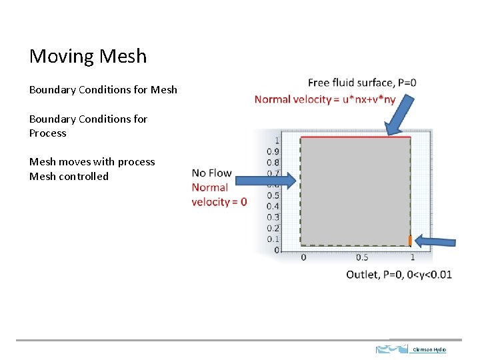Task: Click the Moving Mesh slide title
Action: point(88,56)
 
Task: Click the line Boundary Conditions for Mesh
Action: point(103,89)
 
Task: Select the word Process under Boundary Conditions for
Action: point(48,133)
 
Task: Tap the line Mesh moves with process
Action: point(92,162)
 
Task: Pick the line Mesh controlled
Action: point(69,177)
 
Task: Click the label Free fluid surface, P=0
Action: point(362,83)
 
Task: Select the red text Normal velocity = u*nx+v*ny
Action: point(325,99)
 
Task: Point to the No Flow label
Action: point(211,173)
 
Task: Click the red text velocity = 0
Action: point(219,202)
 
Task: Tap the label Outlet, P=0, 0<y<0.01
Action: point(399,275)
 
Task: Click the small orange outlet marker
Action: point(410,240)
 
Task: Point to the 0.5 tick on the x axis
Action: point(362,257)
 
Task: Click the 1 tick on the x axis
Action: point(412,257)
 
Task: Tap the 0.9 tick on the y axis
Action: point(273,151)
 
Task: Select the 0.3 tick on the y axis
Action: point(273,217)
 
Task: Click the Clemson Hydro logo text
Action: point(429,349)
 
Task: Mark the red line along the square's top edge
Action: point(355,137)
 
